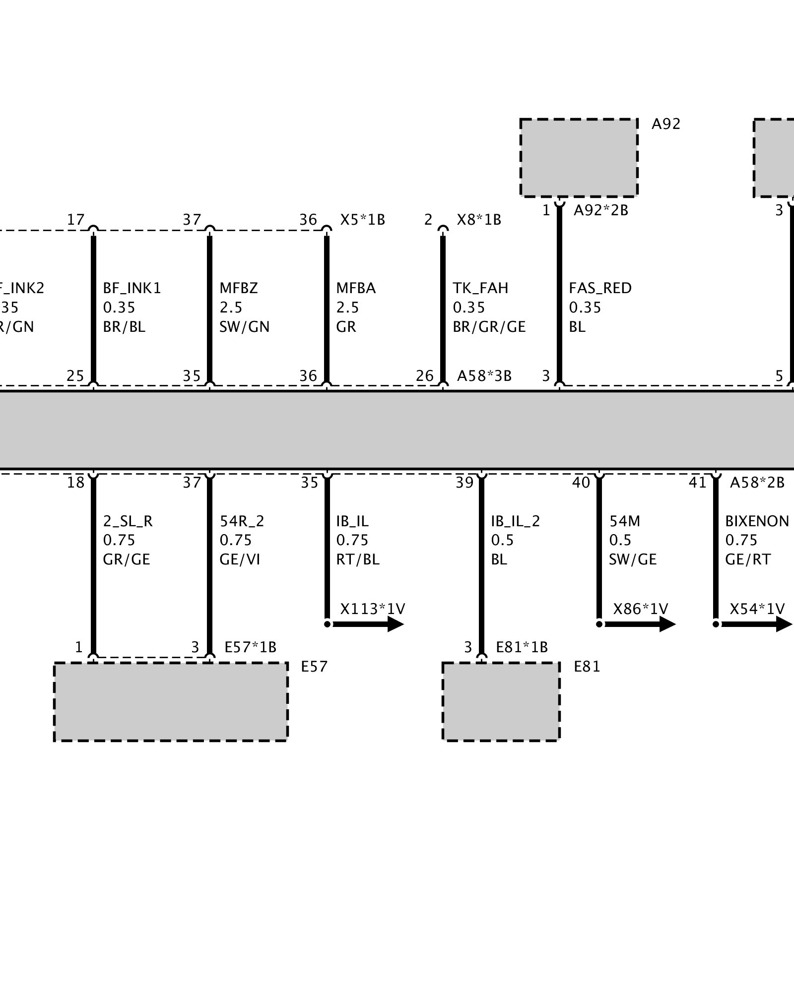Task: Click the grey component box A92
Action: (579, 158)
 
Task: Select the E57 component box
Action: (171, 701)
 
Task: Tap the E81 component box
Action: (501, 701)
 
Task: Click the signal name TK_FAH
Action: (480, 288)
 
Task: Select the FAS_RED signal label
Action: (600, 288)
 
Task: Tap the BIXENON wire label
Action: (757, 521)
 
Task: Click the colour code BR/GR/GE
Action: (489, 327)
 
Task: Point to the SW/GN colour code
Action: (244, 327)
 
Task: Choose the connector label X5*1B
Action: (362, 220)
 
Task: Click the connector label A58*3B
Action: (484, 376)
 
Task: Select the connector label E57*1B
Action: (250, 647)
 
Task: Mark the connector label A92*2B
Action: (601, 211)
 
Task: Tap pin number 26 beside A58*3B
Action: (425, 376)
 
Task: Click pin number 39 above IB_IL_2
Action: (465, 483)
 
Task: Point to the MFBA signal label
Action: (356, 288)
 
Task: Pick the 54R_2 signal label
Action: (242, 521)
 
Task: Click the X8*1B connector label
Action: (479, 220)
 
